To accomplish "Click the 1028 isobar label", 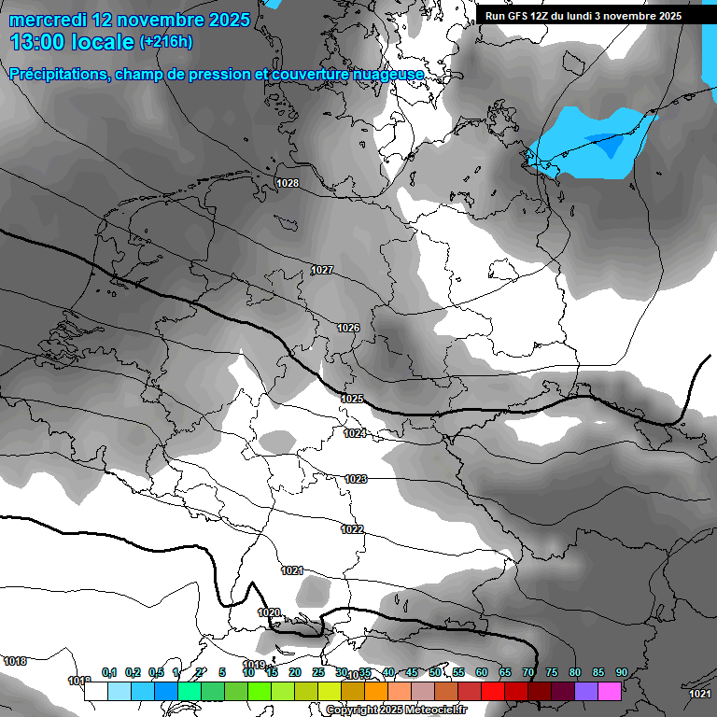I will tap(288, 183).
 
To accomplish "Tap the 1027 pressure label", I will tap(322, 270).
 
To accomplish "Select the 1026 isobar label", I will tap(348, 328).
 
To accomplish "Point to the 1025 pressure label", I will tap(352, 399).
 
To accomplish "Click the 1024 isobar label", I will tap(355, 433).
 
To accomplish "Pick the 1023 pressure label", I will tap(356, 479).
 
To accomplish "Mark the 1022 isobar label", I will tap(352, 529).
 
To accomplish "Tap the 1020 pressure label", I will tap(269, 612).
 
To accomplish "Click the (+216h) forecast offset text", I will tap(165, 42).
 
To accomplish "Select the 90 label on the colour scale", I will tap(621, 672).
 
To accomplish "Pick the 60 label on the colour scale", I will tap(482, 672).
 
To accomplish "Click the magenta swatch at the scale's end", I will tap(610, 691).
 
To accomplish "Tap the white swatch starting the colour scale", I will tap(95, 691).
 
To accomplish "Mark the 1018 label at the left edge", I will tap(15, 661).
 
